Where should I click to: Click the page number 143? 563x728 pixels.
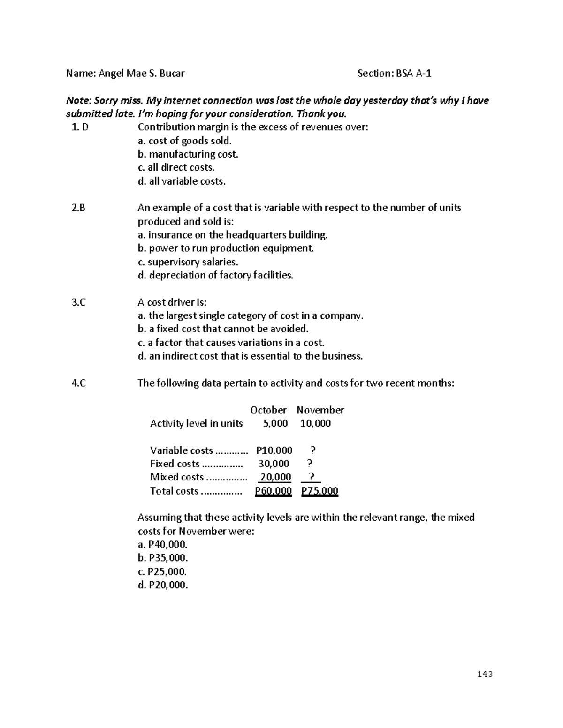(486, 675)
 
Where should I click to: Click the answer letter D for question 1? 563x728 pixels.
(85, 127)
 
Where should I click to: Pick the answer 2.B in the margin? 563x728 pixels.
(78, 208)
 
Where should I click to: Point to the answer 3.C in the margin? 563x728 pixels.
(78, 303)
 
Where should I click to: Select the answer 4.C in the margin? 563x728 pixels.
(78, 383)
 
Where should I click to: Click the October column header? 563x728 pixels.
(268, 410)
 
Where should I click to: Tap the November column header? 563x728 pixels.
(320, 410)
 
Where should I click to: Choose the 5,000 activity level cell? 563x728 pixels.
(274, 424)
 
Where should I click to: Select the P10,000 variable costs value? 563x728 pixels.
(274, 451)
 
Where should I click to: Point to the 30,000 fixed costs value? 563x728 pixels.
(274, 464)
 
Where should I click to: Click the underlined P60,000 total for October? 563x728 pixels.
(273, 491)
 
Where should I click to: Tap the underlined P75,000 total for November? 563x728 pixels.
(320, 491)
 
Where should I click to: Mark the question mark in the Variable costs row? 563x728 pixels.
(313, 451)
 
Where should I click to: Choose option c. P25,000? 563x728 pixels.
(162, 572)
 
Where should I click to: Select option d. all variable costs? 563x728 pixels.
(182, 181)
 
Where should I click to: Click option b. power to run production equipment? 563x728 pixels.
(225, 248)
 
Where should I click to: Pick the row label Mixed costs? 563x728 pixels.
(177, 478)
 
